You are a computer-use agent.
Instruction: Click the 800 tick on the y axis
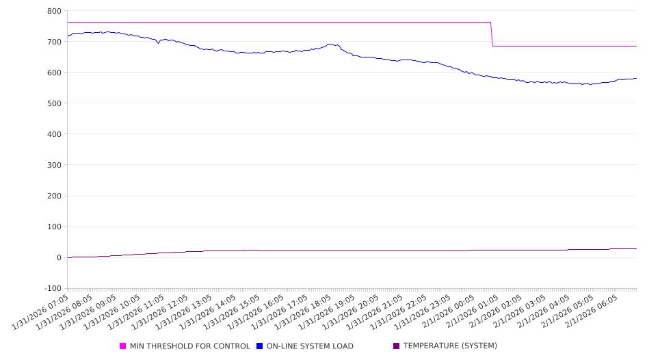(55, 11)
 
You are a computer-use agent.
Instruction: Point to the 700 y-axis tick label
(55, 42)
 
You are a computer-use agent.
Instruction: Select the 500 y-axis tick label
(55, 103)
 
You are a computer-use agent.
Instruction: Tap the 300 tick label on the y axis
(55, 165)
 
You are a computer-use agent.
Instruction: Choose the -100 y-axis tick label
(52, 288)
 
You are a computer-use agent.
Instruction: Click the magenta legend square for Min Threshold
(123, 346)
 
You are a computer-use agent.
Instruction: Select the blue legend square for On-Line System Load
(260, 346)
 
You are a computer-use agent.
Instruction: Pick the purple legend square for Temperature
(396, 346)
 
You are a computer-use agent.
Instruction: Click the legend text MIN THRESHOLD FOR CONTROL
(189, 346)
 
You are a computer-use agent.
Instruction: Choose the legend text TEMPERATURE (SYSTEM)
(450, 346)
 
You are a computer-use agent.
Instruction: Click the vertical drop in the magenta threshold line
(492, 34)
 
